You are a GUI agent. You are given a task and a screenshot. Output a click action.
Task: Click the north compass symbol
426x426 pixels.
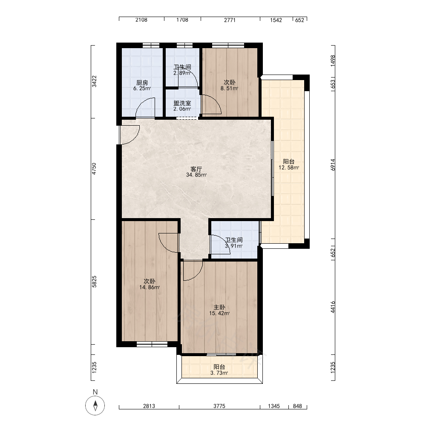[95, 406]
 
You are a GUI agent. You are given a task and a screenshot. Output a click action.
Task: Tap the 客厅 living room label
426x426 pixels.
[196, 169]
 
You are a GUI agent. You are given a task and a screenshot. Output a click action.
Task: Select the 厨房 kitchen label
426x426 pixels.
[142, 83]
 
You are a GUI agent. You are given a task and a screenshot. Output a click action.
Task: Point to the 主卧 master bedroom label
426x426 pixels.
[219, 307]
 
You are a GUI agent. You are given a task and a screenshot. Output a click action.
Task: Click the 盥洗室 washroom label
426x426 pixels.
[182, 103]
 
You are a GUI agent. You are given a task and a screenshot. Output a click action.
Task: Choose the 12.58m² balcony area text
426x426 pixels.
[289, 167]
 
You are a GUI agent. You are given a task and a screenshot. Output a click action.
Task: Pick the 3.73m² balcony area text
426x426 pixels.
[219, 373]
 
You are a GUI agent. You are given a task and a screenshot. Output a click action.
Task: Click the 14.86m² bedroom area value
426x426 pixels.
[150, 287]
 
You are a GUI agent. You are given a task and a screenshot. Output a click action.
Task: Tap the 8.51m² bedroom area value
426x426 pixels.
[230, 88]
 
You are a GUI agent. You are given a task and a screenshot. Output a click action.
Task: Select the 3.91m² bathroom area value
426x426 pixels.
[234, 246]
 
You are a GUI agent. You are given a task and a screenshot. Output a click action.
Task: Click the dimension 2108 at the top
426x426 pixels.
[141, 20]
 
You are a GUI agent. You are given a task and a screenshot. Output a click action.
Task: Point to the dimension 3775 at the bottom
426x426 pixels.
[219, 406]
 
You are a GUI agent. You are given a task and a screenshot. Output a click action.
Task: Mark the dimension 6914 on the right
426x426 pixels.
[333, 164]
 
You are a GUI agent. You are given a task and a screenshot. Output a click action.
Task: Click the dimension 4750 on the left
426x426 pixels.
[94, 169]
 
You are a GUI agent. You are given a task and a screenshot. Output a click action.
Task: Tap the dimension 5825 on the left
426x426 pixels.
[94, 282]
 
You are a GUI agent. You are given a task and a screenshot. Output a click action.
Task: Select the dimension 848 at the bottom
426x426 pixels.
[297, 406]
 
